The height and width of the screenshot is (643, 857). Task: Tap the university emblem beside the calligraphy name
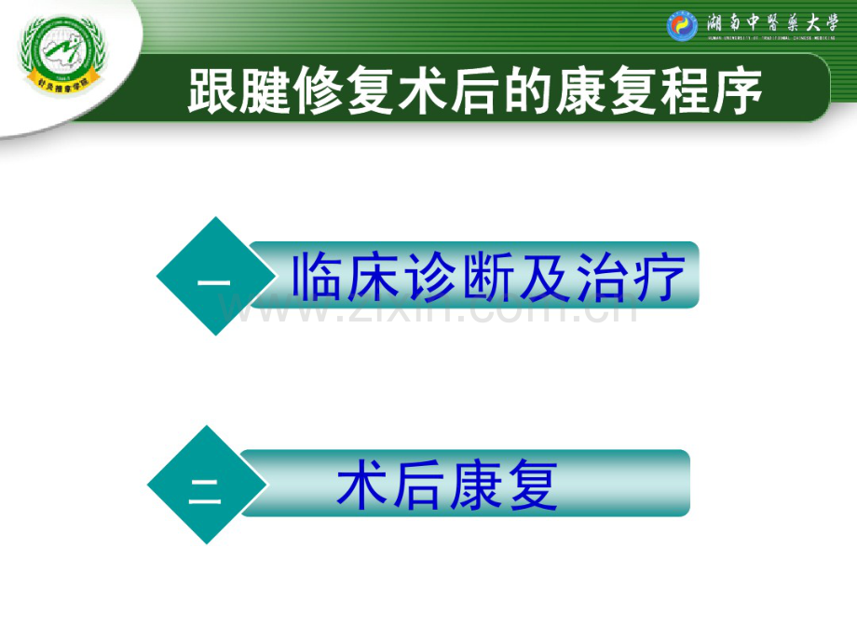click(681, 25)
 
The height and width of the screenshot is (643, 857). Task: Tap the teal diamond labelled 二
click(206, 485)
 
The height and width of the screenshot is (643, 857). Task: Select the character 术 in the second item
click(362, 486)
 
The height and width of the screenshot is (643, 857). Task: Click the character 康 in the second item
click(475, 486)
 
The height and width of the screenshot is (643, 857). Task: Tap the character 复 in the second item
click(532, 486)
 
